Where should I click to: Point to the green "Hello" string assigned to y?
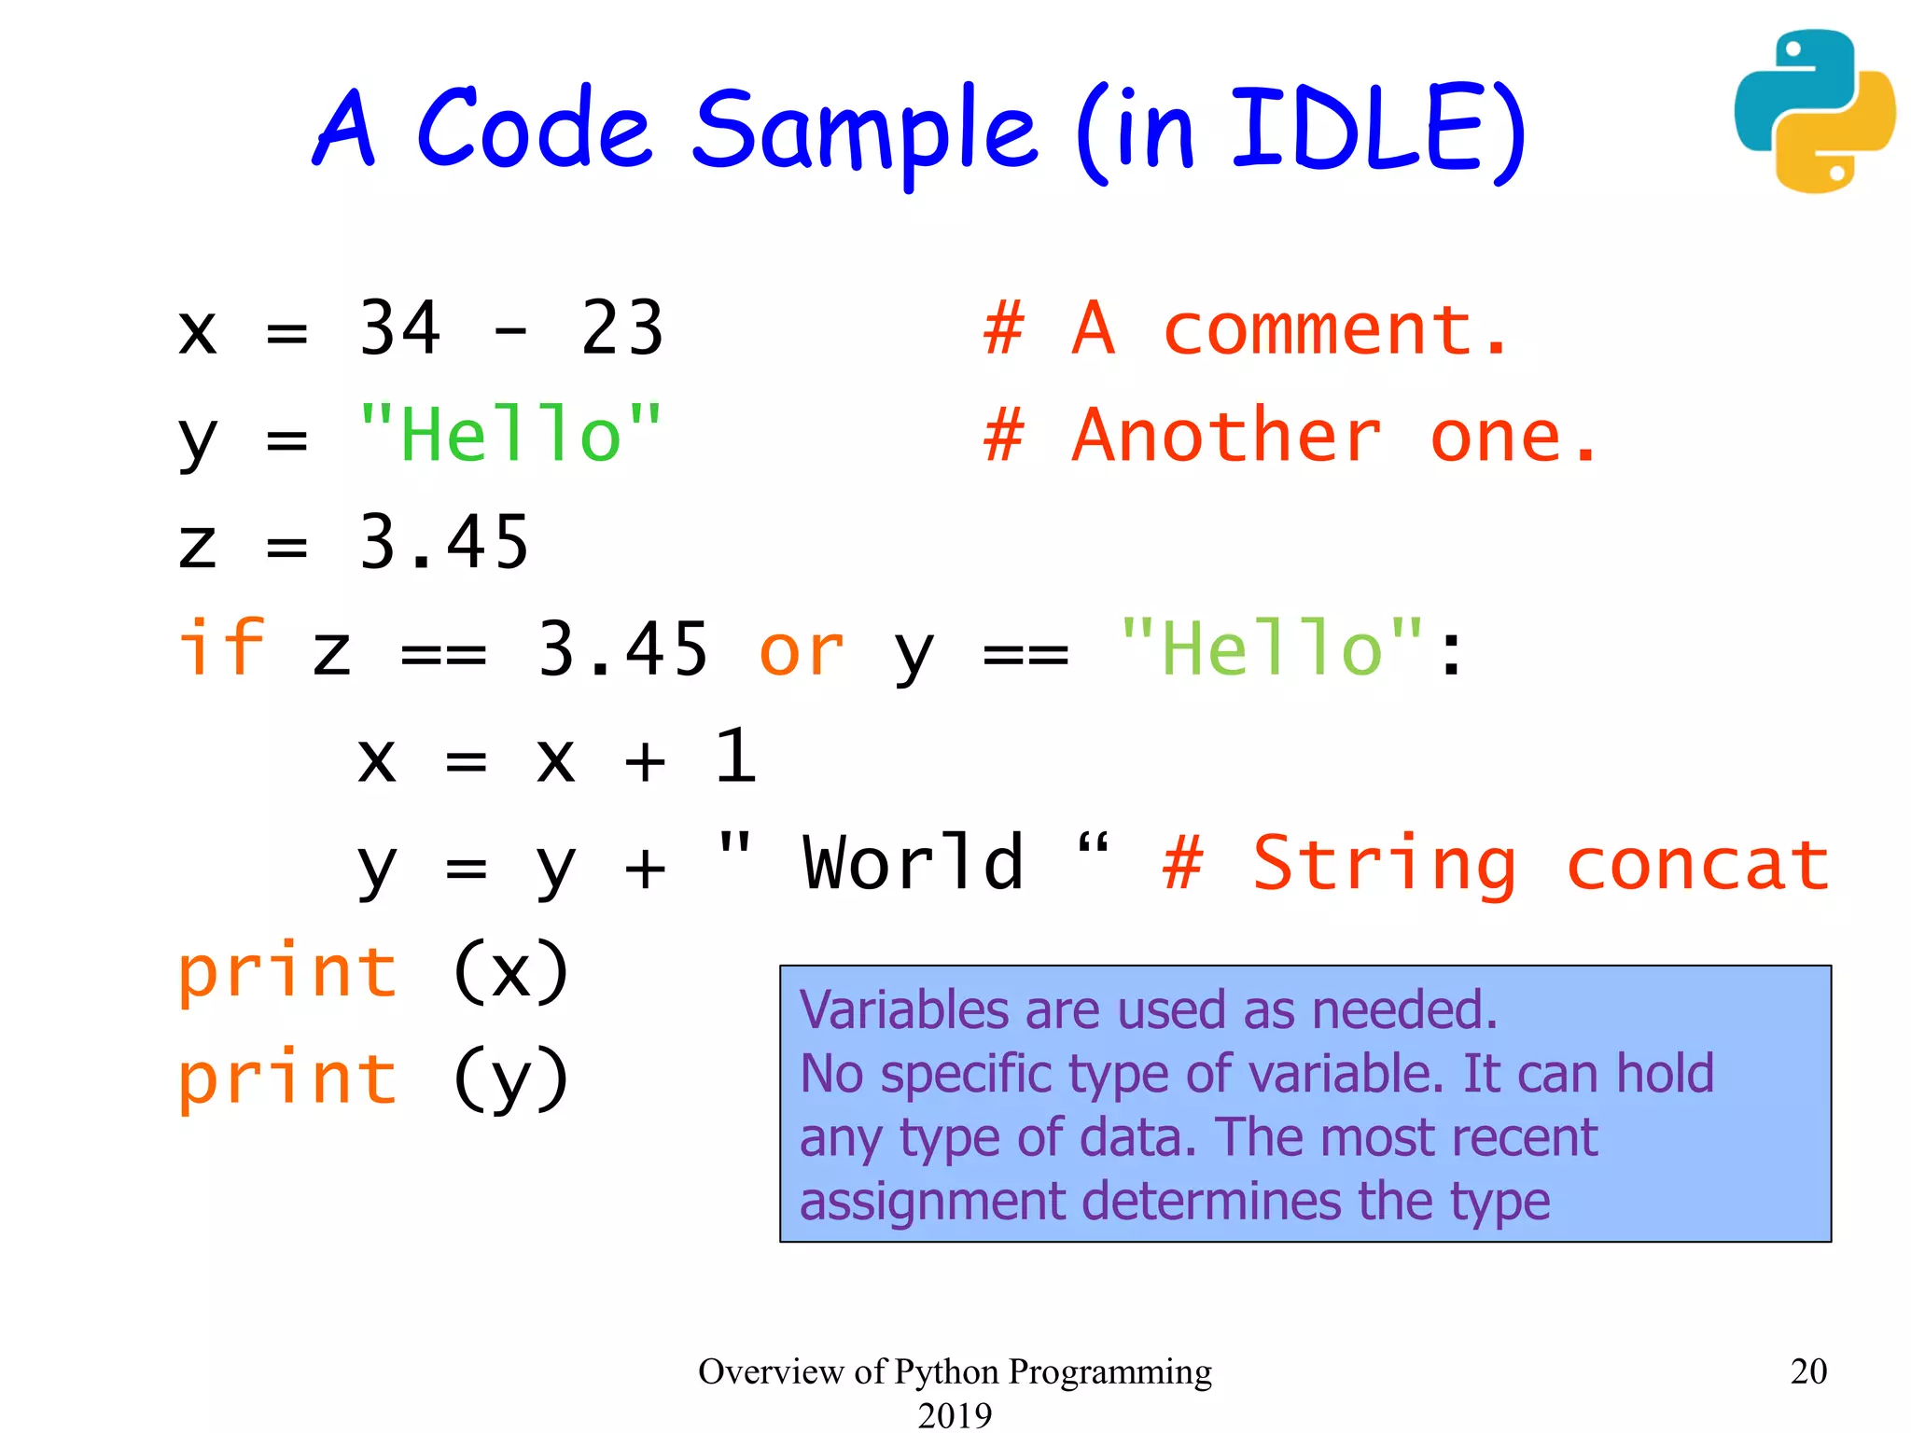(509, 435)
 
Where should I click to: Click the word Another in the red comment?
(1226, 436)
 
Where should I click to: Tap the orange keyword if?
(221, 647)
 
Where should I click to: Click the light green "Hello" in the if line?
(1271, 648)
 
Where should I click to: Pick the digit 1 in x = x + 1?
(735, 756)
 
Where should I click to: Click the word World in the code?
(913, 863)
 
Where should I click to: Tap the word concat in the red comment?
(1697, 865)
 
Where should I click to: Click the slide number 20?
(1807, 1371)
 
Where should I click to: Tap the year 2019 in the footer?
(955, 1415)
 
